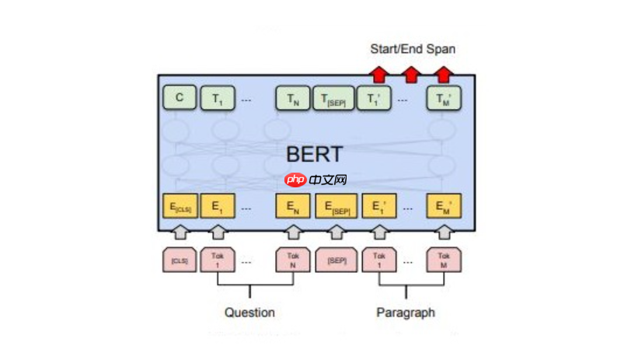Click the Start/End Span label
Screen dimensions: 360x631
point(412,49)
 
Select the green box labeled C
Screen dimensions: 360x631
point(180,98)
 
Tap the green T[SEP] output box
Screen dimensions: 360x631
point(334,99)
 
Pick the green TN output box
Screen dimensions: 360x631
point(292,99)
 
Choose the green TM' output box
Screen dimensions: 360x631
point(443,99)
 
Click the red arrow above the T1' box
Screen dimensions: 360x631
point(378,74)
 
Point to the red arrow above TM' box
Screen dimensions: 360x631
point(443,74)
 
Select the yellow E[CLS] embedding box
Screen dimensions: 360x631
point(180,208)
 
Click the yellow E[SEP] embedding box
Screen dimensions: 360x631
point(335,208)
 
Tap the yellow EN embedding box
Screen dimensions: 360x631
point(292,208)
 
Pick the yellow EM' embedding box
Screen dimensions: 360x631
point(443,208)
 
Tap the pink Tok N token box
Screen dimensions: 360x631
point(293,260)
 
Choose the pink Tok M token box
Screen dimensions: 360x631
point(443,260)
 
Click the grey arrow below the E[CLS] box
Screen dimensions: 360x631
point(180,232)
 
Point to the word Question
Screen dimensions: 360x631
point(249,313)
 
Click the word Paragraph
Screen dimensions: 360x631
point(406,313)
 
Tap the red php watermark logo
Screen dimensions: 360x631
point(295,180)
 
